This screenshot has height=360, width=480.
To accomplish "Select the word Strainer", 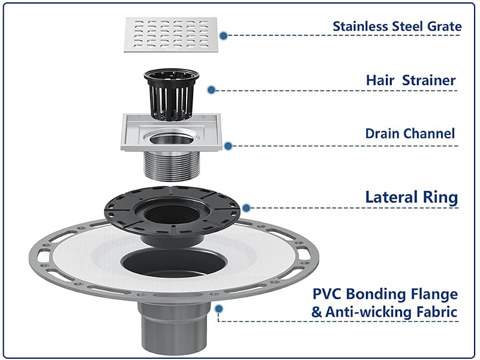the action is pos(429,80).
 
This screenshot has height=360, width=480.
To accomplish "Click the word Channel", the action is pos(429,134).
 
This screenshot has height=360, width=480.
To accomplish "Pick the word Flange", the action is pos(434,295).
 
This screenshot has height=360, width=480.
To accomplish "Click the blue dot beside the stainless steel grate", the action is pos(224,35).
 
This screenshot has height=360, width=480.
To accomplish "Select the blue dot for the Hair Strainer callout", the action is pos(211,89).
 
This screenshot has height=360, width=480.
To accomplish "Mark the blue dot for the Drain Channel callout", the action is pos(228,146).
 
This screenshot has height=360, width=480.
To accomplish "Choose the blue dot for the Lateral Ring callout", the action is pos(246,208).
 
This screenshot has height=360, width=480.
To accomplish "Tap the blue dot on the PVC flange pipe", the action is pos(218,308).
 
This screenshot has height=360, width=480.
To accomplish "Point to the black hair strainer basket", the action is pos(172,94).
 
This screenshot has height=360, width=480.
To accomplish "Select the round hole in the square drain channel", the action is pos(172,139).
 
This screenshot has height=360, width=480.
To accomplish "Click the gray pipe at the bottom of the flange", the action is pos(173,328).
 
